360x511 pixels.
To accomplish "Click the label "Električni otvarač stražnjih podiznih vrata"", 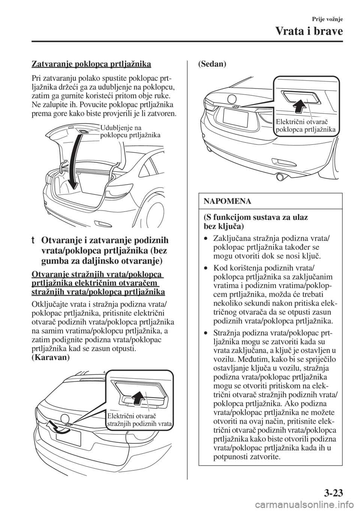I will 138,420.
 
